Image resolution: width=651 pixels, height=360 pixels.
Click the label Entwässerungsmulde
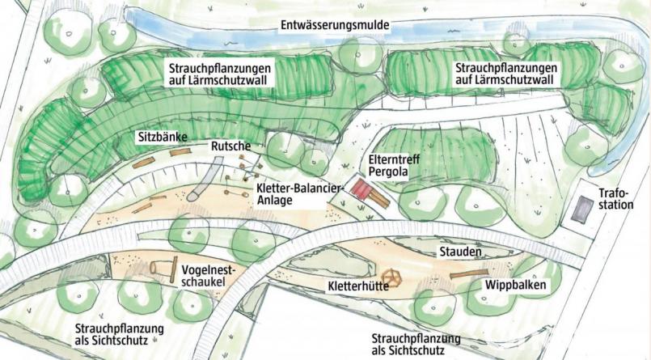[x=335, y=25]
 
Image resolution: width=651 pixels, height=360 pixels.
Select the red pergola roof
[x=361, y=188]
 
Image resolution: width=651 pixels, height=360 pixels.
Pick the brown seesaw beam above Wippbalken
[x=469, y=273]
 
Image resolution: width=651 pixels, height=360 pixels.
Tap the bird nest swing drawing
[x=164, y=267]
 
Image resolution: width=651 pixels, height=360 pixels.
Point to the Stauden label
[x=462, y=252]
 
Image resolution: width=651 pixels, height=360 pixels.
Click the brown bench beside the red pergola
[x=378, y=201]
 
